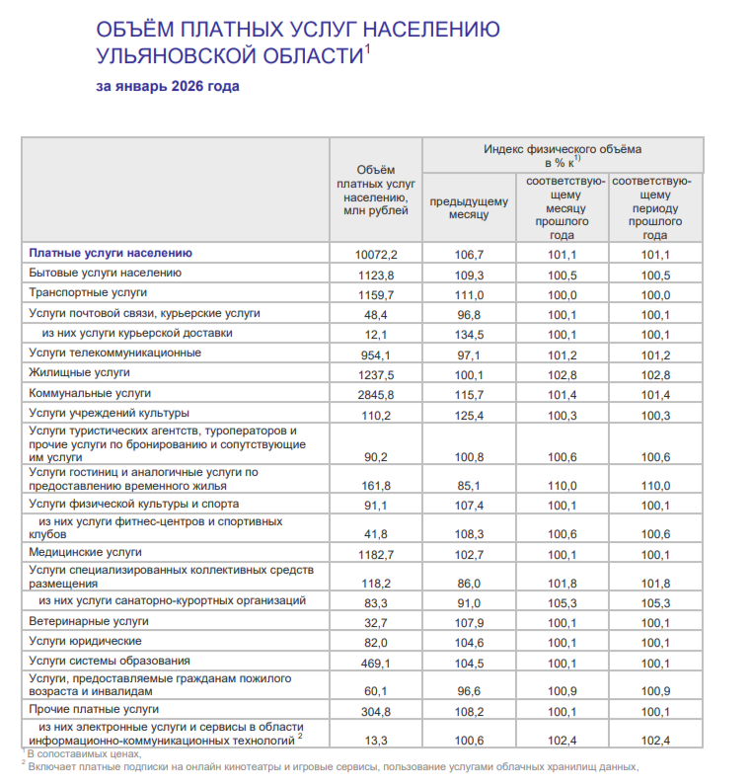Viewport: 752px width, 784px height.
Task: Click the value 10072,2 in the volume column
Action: coord(375,254)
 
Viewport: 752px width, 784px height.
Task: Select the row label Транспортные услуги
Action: coord(88,293)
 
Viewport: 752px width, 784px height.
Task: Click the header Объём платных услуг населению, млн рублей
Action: coord(375,190)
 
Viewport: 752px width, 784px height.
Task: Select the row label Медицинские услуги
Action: coord(86,552)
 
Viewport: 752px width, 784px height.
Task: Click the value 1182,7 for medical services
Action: coord(375,554)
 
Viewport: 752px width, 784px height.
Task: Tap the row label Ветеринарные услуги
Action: coord(89,621)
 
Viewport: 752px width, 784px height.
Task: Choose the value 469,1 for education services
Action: coord(375,663)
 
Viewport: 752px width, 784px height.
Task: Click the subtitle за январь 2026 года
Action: coord(168,86)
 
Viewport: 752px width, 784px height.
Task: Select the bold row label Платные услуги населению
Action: coord(103,253)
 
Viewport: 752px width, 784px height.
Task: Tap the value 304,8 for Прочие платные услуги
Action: coord(375,711)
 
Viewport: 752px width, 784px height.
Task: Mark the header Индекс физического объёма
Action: coord(563,149)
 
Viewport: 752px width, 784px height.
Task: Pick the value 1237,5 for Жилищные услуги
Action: coord(375,374)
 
